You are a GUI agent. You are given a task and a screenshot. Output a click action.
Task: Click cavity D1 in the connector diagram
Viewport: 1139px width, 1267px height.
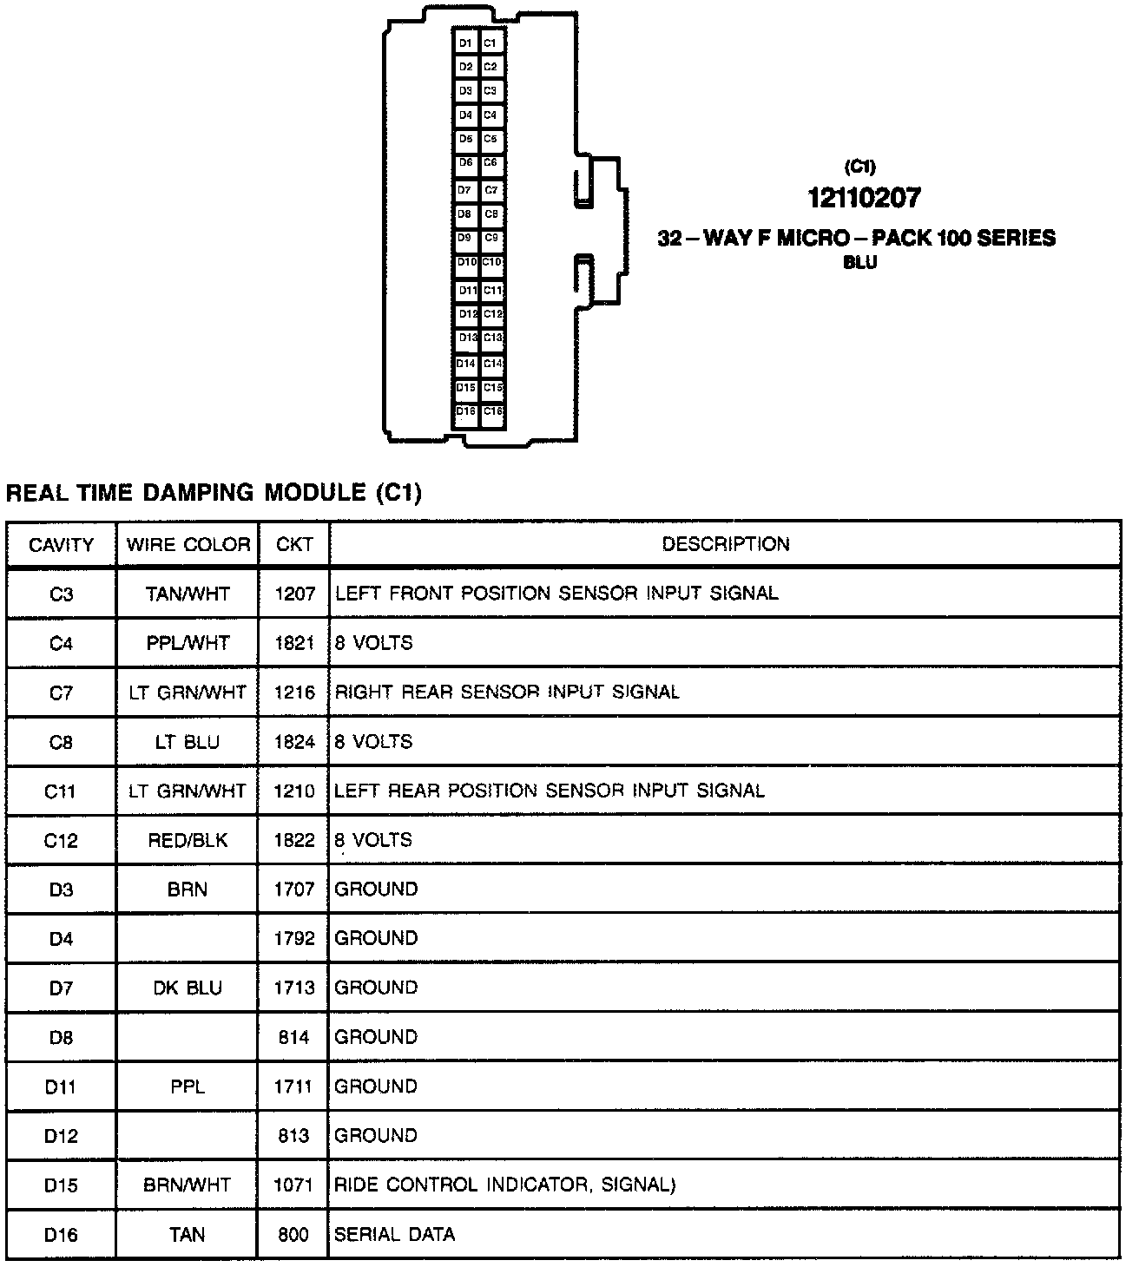465,43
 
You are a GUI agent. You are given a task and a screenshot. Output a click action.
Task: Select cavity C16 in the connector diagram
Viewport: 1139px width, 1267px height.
492,411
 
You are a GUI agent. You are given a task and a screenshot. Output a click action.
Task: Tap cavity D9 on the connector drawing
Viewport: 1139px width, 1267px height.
465,237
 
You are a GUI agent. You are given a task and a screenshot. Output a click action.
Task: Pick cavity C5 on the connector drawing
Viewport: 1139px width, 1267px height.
490,139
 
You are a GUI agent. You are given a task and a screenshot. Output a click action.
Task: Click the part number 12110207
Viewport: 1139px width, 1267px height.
863,199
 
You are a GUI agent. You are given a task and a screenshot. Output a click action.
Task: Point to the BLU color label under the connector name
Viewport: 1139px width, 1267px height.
859,263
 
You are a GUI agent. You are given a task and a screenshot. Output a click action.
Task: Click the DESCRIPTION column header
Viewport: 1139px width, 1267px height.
726,544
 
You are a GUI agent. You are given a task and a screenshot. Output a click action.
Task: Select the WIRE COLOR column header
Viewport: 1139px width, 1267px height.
188,545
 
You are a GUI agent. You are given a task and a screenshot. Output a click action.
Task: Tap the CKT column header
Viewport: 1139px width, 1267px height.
294,545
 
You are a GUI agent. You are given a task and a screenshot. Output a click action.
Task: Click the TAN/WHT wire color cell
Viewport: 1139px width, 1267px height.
188,594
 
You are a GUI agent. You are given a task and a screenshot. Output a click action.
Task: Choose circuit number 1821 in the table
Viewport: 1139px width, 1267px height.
294,643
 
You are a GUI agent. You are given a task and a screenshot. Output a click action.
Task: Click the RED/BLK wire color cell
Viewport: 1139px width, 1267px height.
188,840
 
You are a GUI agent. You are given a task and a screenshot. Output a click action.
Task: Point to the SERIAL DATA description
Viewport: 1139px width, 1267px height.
395,1234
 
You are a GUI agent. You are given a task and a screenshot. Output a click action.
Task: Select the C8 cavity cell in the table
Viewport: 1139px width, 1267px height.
61,742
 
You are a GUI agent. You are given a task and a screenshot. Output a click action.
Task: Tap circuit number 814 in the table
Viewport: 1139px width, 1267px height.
294,1037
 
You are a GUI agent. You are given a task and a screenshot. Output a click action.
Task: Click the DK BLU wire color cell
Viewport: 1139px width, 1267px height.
188,988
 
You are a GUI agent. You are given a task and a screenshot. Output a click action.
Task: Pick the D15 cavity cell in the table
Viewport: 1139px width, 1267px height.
61,1185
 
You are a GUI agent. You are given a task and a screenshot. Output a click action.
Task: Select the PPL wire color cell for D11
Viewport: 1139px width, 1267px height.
188,1086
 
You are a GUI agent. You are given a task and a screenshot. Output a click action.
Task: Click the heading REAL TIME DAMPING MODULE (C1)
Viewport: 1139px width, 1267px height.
214,494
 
